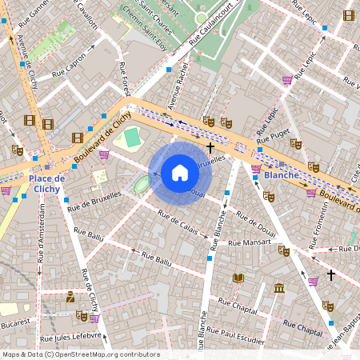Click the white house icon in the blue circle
pos(180,173)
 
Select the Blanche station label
pos(282,174)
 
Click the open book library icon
pos(238,278)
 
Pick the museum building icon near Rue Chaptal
pos(278,288)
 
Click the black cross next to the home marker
pos(210,148)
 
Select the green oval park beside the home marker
pos(142,186)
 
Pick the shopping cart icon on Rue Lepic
pos(287,80)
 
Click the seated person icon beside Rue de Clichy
pos(70,298)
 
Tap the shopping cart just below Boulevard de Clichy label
pos(103,154)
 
